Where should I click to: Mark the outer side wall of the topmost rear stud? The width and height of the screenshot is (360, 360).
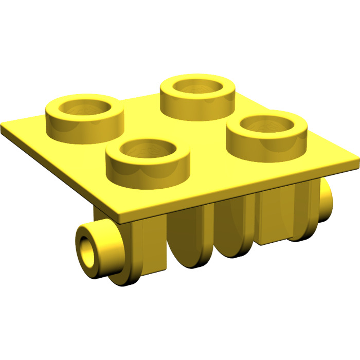[x=198, y=105]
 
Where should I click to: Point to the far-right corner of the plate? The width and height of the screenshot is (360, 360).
[x=356, y=164]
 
